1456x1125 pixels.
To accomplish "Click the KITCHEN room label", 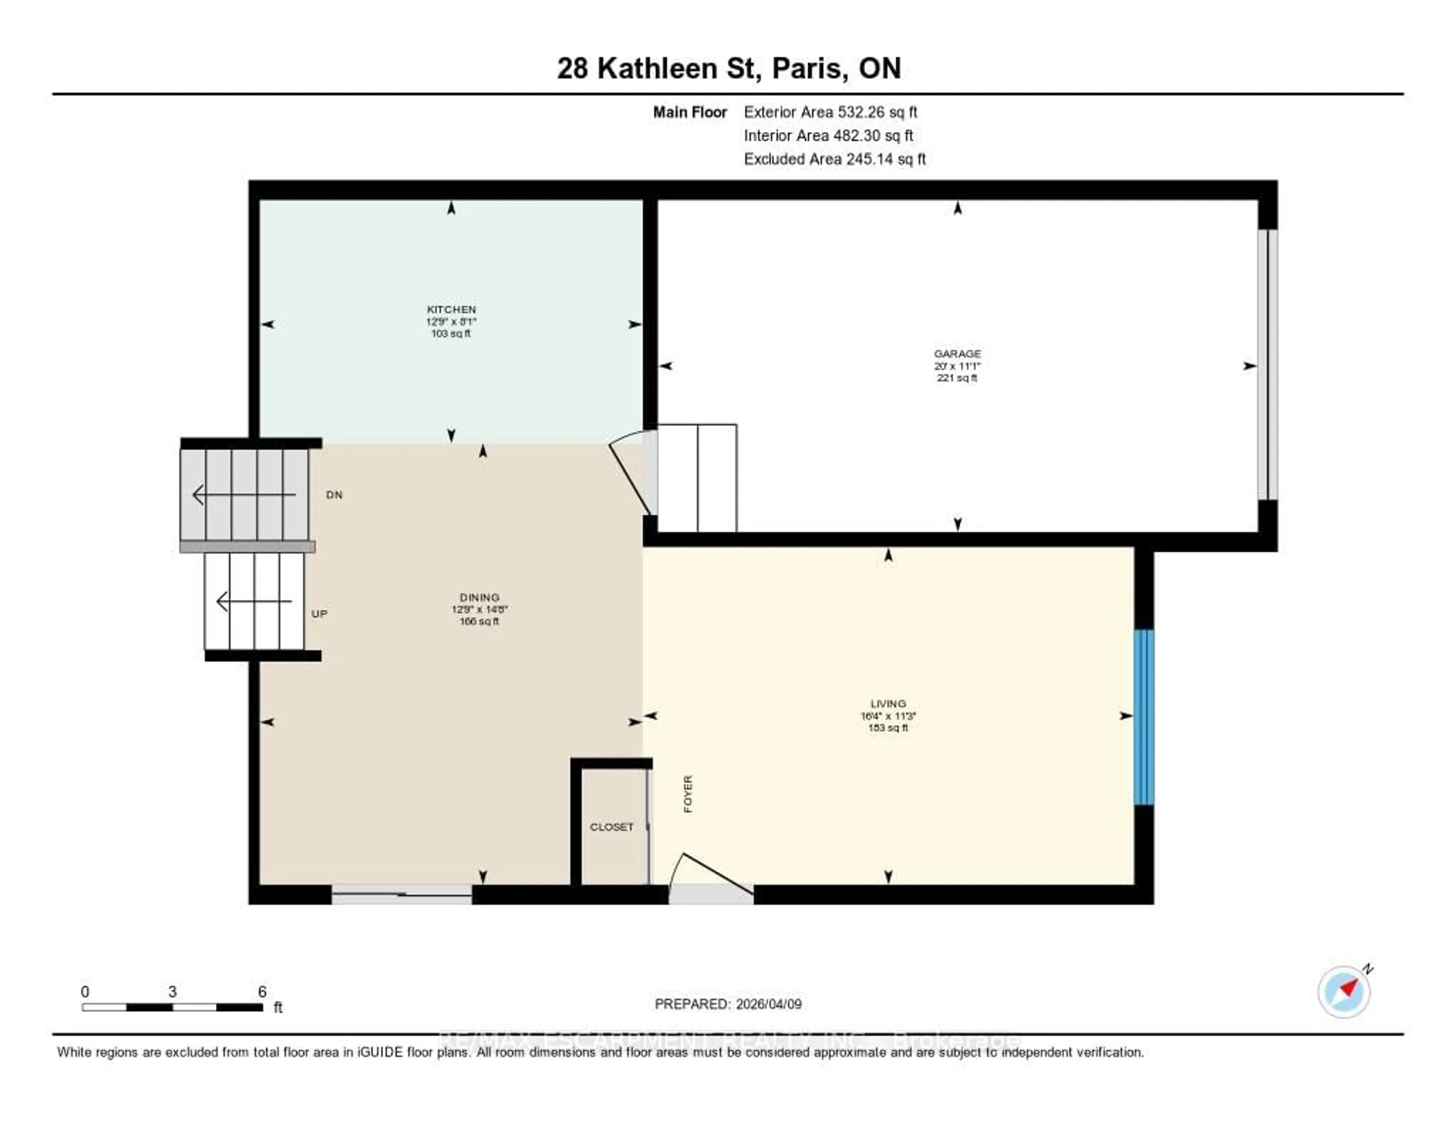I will pyautogui.click(x=451, y=310).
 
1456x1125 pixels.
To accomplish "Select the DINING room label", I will pyautogui.click(x=479, y=597).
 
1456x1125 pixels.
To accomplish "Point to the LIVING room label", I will pyautogui.click(x=888, y=704).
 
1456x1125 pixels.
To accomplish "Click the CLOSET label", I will pyautogui.click(x=611, y=827).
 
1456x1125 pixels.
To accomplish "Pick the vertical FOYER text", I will pyautogui.click(x=688, y=793).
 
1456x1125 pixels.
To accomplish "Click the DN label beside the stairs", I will pyautogui.click(x=334, y=495).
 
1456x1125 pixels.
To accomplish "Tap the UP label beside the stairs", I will pyautogui.click(x=319, y=613).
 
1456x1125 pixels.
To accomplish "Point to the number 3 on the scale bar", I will pyautogui.click(x=172, y=991).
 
